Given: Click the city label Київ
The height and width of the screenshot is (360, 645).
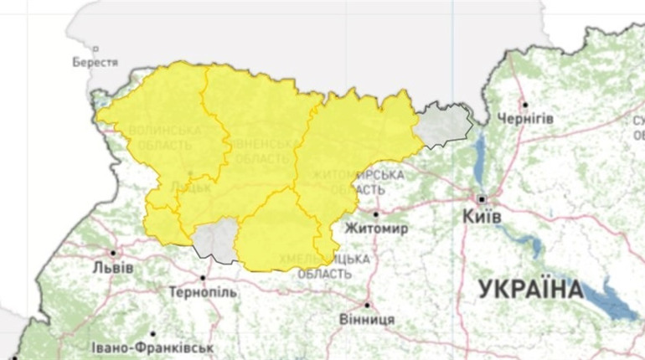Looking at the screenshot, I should point(482,217).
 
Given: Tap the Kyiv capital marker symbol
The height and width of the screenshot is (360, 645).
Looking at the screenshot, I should point(482,198).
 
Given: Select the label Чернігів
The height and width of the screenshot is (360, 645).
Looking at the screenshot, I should point(525,119).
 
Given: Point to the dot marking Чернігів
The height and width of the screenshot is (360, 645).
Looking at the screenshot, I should point(524,105).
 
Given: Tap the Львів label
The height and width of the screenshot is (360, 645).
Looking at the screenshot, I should point(112,268).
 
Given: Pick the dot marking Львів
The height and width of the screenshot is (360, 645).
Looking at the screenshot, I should point(113,252).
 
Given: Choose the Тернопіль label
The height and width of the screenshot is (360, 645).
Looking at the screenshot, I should point(203,293).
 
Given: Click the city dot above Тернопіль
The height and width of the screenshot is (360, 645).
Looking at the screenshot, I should point(203,277).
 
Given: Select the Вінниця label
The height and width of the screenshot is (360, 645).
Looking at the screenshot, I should point(368,320).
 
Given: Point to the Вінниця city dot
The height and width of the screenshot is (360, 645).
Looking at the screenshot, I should point(367,305).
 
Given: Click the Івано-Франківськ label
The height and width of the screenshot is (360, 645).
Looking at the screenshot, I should point(152,347).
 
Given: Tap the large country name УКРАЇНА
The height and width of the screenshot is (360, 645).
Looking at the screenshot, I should point(531,291).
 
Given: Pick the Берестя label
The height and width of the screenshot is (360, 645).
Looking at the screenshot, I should point(95,62).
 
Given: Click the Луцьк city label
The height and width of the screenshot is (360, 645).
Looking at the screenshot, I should point(190,187).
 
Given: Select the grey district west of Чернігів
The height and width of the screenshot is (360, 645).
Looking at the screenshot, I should point(444,125).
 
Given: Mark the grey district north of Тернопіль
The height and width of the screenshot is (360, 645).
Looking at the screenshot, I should point(216,239).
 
